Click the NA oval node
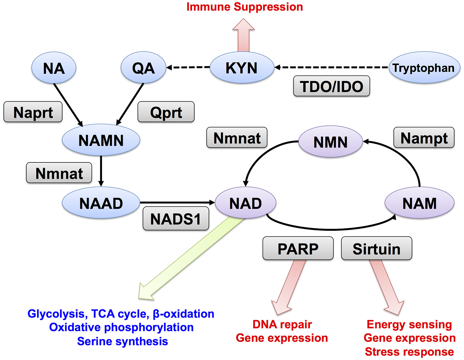(x=54, y=68)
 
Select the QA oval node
(x=143, y=68)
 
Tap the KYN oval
(x=242, y=68)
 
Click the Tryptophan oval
(x=424, y=68)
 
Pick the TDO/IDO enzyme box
(x=331, y=86)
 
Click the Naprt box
(x=33, y=112)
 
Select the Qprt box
(x=166, y=112)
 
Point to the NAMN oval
(x=101, y=140)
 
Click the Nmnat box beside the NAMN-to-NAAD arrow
(x=59, y=173)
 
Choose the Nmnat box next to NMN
(x=237, y=138)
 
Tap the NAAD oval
(x=101, y=203)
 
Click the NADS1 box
(x=176, y=219)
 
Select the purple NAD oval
(x=245, y=203)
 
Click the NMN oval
(x=330, y=142)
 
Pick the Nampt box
(x=424, y=138)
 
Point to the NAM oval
(x=419, y=203)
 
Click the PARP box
(x=298, y=249)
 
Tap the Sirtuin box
(x=376, y=249)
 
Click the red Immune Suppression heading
(x=245, y=7)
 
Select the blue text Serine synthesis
(x=122, y=341)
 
